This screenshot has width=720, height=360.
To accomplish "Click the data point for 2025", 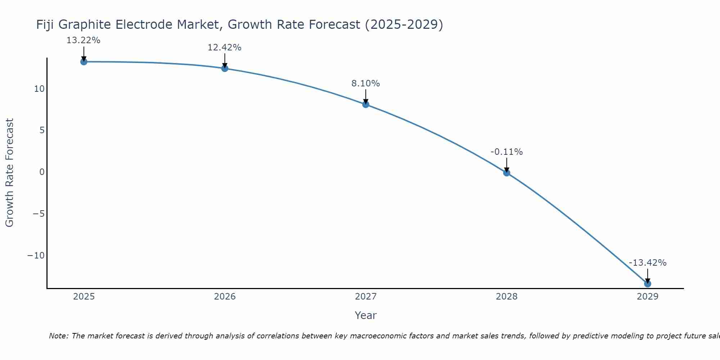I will pos(84,62).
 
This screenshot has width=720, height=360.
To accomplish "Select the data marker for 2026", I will pos(225,68).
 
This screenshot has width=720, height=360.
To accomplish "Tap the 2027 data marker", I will pos(366,104).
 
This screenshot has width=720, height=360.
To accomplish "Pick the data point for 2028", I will pos(507,173).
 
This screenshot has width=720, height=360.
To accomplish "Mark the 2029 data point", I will pos(648,284).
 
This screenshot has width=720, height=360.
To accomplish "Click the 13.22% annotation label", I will pos(83,40).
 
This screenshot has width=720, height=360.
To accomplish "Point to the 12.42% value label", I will pos(224,48).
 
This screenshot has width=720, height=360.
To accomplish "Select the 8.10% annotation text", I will pos(365,84).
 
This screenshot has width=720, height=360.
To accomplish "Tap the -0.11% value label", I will pos(507,152).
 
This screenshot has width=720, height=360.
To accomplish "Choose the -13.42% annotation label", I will pos(648,263).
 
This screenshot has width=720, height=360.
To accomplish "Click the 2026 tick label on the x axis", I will pos(225,297).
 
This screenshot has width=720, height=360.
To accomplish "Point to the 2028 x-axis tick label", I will pos(507,297).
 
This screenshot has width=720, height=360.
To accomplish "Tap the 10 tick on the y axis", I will pos(39,89).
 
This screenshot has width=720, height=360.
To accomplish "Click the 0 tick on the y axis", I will pos(42,172).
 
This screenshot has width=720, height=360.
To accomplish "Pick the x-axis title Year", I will pos(365,315).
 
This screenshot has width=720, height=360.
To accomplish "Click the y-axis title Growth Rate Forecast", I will pos(9,172).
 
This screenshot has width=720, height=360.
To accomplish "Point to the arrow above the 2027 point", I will pos(366,96).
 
